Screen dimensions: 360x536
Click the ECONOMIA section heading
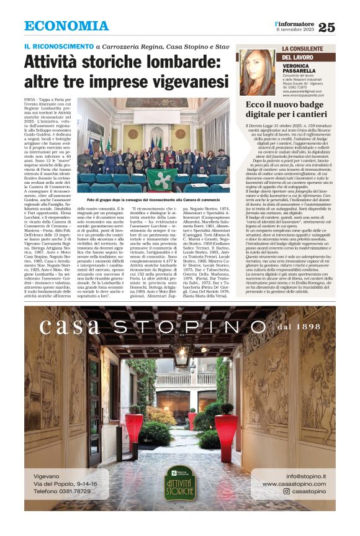coord(66,26)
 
